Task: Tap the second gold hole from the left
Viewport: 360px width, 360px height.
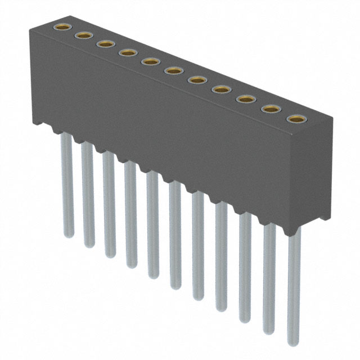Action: tap(83, 35)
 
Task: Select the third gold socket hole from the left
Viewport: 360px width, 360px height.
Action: tap(105, 44)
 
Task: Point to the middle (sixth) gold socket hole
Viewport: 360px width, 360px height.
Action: tap(173, 70)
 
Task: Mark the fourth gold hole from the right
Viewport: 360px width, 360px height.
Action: tap(221, 89)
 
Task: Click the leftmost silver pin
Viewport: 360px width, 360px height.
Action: tap(66, 186)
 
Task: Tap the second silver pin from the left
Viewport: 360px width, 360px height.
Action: tap(88, 197)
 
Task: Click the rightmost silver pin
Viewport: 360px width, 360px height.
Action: tap(294, 287)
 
